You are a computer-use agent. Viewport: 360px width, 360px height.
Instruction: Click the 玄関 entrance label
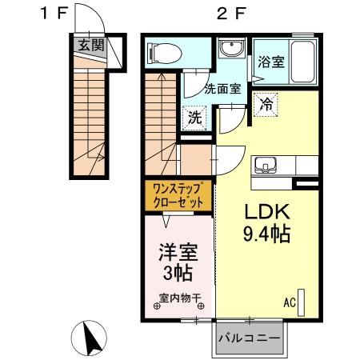tap(90, 45)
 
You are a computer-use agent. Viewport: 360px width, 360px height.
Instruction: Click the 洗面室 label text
tap(222, 90)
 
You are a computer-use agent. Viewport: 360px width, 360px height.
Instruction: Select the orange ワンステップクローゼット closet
tap(179, 195)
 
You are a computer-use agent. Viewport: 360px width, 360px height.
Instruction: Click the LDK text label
tap(259, 213)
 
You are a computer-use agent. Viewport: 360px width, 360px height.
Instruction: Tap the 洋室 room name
tap(178, 252)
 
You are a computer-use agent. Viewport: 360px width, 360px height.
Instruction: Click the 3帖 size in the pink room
tap(178, 273)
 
